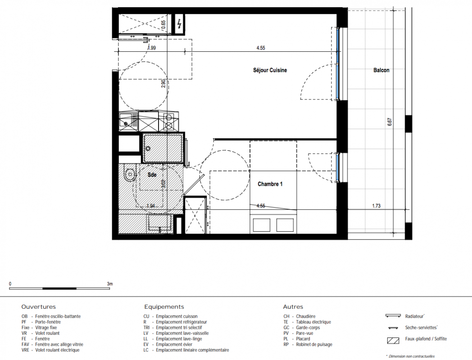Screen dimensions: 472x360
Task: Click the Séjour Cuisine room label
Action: click(270, 70)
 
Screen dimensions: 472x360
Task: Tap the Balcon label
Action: click(381, 70)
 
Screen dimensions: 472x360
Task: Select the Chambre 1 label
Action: click(270, 184)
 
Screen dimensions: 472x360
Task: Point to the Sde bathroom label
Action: click(152, 175)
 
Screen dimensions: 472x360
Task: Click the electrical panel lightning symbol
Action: click(179, 24)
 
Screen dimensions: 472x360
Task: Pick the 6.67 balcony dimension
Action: click(390, 121)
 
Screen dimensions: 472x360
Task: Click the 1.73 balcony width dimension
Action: click(376, 206)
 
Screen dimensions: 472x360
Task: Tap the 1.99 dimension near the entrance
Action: click(152, 48)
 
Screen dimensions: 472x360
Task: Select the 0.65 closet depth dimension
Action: click(163, 24)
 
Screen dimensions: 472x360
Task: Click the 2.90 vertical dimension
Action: click(163, 83)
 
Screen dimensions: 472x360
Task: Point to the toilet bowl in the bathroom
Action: click(130, 174)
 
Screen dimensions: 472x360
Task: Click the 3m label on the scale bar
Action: click(110, 283)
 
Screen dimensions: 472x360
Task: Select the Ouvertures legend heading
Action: click(39, 307)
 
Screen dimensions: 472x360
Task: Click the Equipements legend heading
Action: click(164, 307)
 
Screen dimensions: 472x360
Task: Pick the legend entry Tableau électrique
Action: click(313, 322)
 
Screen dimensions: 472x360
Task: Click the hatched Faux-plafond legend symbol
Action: click(393, 341)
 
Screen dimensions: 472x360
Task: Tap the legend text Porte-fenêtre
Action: click(48, 322)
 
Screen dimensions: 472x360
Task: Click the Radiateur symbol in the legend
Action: click(393, 316)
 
